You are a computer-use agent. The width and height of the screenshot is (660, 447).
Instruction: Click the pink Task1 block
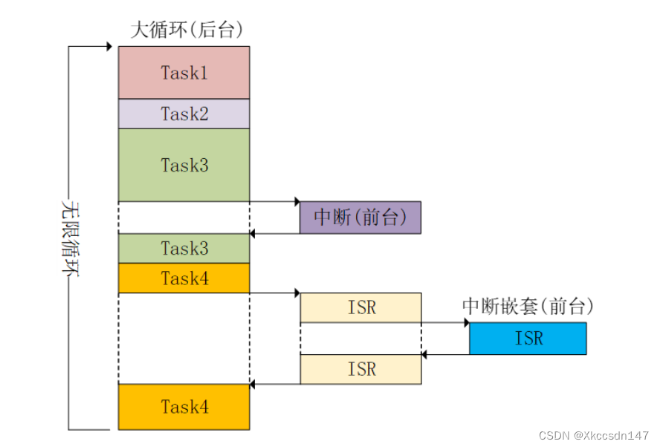(184, 72)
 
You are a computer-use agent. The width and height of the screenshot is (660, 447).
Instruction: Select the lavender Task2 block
(184, 114)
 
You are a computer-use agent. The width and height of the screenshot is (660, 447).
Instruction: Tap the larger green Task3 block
(184, 165)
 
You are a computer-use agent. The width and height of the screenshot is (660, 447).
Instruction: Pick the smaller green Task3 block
(184, 248)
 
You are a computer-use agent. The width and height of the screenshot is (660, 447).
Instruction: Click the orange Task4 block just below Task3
(184, 278)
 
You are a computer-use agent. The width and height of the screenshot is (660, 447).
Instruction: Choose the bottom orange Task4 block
(184, 407)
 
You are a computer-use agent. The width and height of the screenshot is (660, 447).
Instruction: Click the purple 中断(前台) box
(360, 218)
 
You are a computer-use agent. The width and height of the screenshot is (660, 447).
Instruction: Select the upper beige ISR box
(360, 307)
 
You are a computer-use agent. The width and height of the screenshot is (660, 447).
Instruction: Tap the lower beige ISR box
(360, 369)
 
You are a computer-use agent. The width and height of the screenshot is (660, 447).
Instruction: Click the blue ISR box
(528, 339)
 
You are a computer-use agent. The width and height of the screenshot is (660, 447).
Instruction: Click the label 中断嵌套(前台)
(528, 305)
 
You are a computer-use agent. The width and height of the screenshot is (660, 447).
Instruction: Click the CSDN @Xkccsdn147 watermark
(595, 435)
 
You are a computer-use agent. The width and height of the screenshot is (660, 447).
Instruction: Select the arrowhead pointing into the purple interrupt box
(296, 201)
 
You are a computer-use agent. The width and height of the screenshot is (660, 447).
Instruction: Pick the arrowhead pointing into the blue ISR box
(465, 322)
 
